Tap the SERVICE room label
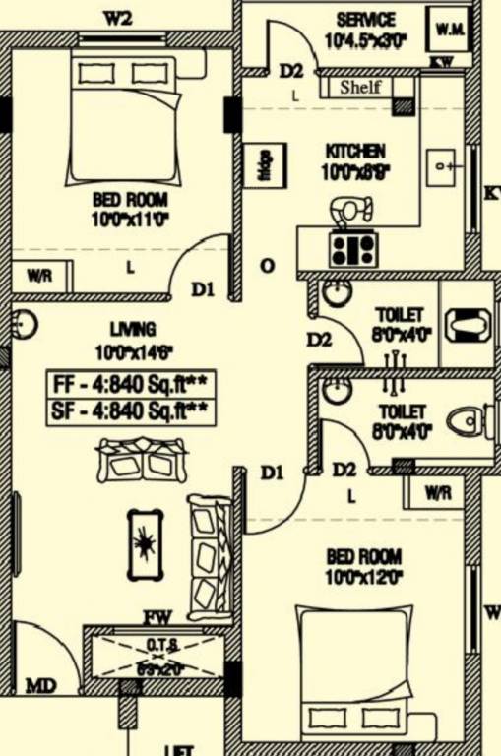tap(365, 20)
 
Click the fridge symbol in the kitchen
tap(266, 162)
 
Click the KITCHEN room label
tap(355, 152)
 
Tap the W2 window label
tap(118, 16)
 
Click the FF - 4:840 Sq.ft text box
tap(132, 382)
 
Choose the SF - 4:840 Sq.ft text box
tap(132, 410)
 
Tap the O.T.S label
tap(162, 645)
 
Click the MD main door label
tap(40, 684)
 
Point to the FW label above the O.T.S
tap(157, 618)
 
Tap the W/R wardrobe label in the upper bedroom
tap(39, 276)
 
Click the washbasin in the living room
tap(25, 324)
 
